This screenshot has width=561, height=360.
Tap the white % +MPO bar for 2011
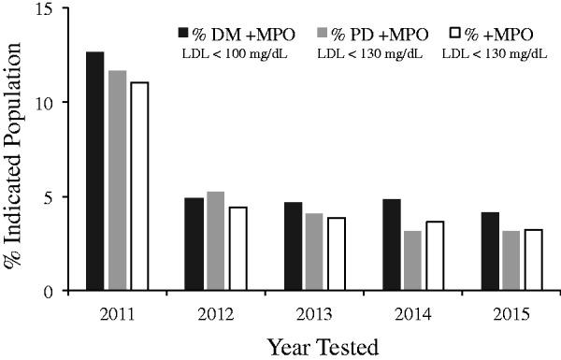tap(139, 186)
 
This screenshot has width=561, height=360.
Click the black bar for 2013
tap(292, 247)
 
